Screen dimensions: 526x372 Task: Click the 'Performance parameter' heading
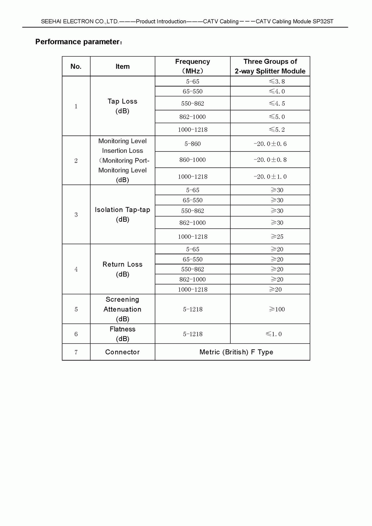point(78,42)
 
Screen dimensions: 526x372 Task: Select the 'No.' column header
point(76,67)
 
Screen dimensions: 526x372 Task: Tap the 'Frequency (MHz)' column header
point(192,66)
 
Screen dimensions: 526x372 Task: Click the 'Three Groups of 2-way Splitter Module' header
point(270,66)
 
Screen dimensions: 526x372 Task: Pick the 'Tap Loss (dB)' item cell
point(122,106)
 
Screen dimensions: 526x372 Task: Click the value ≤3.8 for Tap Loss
point(277,81)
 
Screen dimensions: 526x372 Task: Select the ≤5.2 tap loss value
point(277,129)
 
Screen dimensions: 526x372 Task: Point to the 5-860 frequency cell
point(192,144)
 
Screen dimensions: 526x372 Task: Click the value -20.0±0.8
point(270,160)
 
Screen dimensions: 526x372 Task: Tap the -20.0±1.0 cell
point(270,177)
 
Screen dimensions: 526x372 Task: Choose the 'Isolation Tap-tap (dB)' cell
point(122,214)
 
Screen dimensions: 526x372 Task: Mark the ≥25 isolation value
point(277,237)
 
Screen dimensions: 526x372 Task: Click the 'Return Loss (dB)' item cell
point(122,269)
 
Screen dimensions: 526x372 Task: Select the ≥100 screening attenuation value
point(277,309)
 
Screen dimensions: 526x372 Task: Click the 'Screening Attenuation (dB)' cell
point(122,309)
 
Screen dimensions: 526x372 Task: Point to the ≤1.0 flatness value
point(274,334)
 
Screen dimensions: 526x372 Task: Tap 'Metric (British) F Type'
point(236,352)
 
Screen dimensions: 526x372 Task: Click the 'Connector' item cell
point(122,352)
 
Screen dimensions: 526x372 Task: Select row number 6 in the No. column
point(76,334)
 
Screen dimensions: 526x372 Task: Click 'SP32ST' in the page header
point(323,22)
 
